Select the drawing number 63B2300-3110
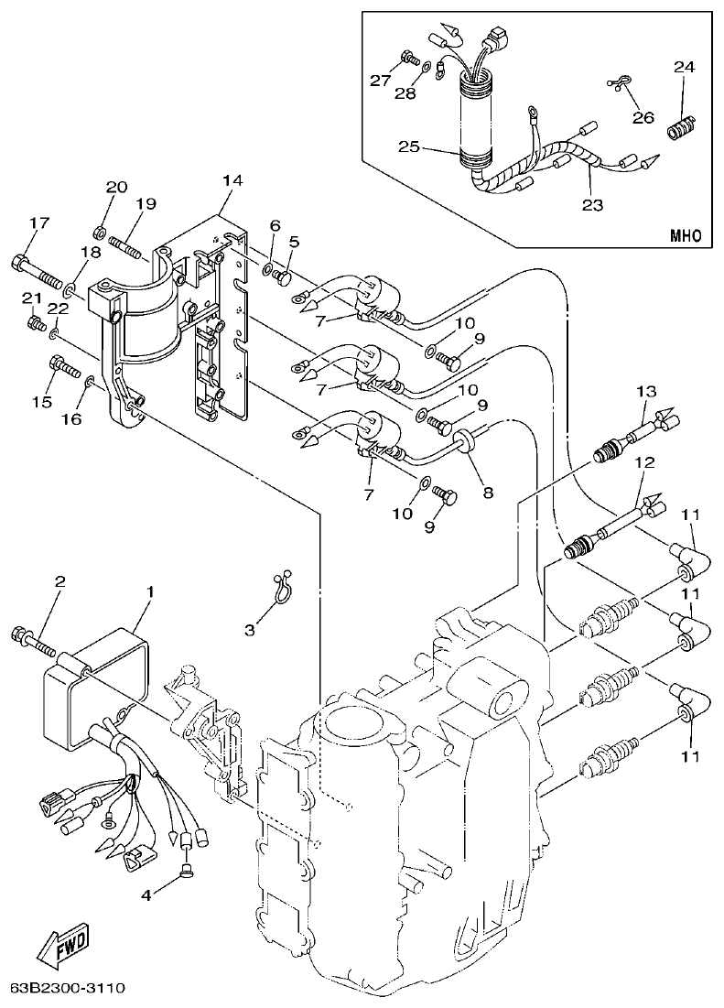[x=67, y=989]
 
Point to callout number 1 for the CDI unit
[x=151, y=591]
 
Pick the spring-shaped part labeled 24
[x=681, y=127]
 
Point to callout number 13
[x=646, y=392]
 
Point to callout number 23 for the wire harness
[x=592, y=205]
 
